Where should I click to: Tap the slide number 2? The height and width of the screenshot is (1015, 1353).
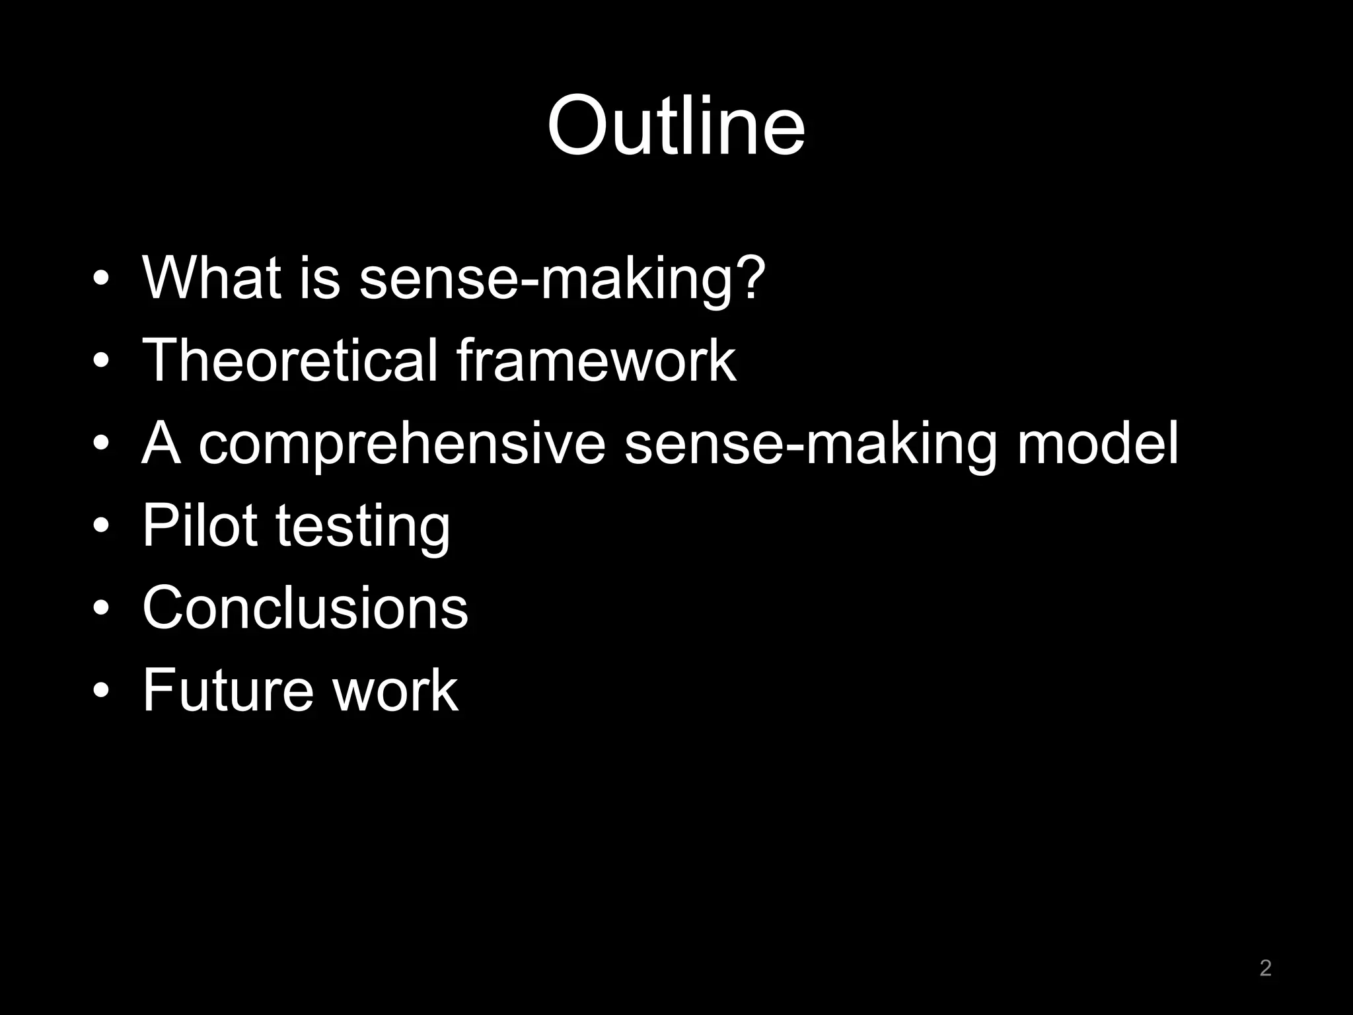tap(1265, 967)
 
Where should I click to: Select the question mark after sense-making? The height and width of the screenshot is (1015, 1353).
tap(750, 278)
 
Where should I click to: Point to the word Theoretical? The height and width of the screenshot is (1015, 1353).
tap(290, 360)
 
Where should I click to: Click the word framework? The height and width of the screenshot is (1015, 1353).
tap(596, 360)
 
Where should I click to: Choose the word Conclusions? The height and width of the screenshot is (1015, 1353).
tap(305, 608)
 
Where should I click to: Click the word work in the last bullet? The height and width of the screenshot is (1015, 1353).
tap(395, 690)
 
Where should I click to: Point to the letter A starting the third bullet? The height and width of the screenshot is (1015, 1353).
tap(161, 443)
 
